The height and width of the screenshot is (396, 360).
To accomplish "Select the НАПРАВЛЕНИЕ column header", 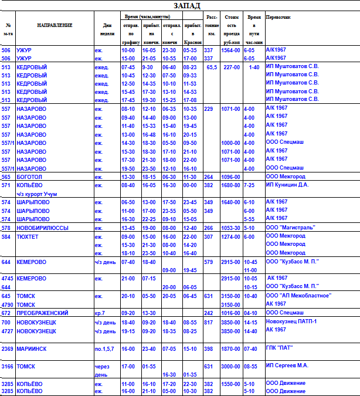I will (55, 25).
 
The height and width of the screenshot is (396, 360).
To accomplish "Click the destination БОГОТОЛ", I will (30, 177).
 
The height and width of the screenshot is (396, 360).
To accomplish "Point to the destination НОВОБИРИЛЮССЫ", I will (42, 227).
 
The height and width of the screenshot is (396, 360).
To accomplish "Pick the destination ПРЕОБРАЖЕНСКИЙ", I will (42, 313).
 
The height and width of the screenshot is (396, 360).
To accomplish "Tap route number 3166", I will (8, 366).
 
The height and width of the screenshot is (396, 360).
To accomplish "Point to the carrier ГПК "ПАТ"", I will (279, 348).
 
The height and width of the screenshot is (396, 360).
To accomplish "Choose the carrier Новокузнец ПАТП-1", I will (291, 322).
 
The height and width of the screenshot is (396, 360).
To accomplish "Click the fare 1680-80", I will (230, 185).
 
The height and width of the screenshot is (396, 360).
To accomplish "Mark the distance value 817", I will (208, 322).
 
